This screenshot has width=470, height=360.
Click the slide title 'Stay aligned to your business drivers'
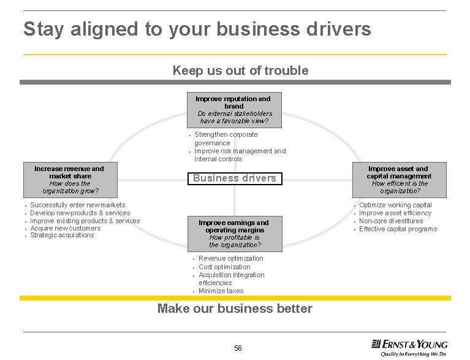(x=197, y=29)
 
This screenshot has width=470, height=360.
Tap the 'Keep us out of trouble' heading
(x=240, y=71)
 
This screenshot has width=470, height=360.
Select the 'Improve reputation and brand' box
(x=233, y=110)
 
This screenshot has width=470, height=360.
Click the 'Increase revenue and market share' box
(x=69, y=179)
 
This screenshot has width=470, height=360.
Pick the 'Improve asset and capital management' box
(x=398, y=179)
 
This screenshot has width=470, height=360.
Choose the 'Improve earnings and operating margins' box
(x=233, y=234)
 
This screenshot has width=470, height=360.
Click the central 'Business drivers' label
(x=235, y=178)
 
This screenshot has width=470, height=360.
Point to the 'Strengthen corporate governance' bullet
(x=226, y=139)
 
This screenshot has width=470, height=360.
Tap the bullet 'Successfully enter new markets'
(x=77, y=205)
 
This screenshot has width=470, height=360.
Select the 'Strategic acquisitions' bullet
(x=62, y=236)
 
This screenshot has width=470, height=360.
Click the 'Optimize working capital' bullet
(x=395, y=205)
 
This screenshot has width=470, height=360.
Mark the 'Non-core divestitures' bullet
(x=391, y=221)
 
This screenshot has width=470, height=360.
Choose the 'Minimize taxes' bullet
(x=221, y=291)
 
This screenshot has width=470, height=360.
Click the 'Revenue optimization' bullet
(x=230, y=259)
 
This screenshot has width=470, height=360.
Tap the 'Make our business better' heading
(x=235, y=308)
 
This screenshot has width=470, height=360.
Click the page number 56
(x=238, y=348)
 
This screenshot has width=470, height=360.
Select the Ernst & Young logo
(x=409, y=344)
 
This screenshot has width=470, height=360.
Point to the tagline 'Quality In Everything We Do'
(x=414, y=354)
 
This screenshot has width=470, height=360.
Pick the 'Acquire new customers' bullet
(x=65, y=228)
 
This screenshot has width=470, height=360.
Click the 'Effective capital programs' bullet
(x=398, y=229)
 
